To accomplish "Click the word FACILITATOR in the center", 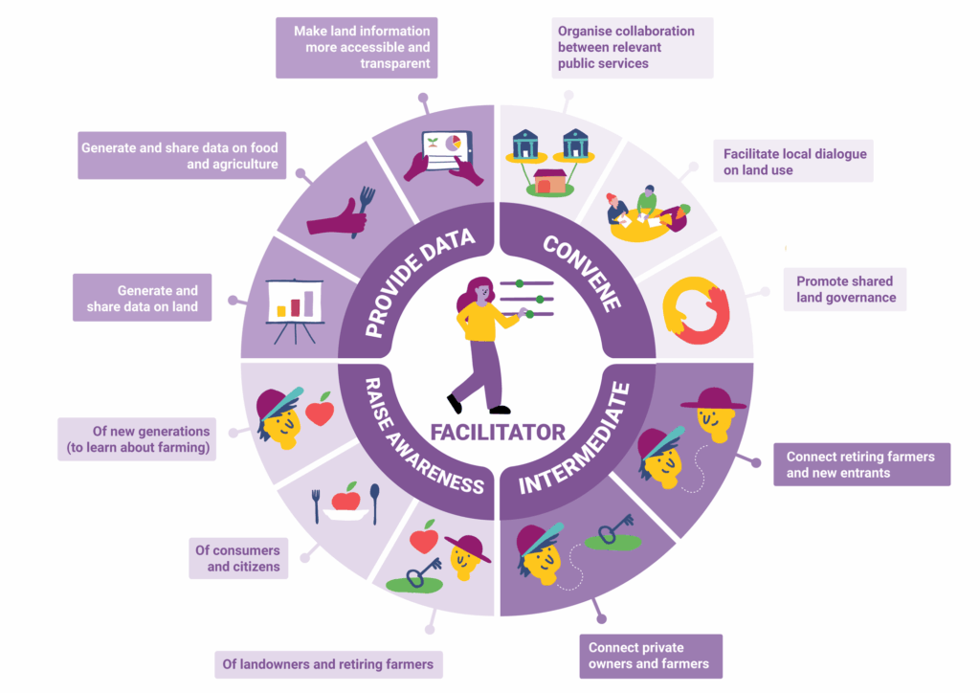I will coord(497,432).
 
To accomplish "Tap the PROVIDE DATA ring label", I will coord(407,281).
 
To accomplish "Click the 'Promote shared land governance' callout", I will coord(845,289).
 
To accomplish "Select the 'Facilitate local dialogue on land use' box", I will coord(794,162).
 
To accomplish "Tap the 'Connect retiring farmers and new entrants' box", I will coord(860,464).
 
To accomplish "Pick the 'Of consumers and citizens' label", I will coord(237,558).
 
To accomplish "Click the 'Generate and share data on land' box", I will coord(142,299).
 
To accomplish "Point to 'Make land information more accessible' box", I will coord(357,47).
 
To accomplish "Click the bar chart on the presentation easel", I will coord(295,303).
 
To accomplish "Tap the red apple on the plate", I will coord(345,499).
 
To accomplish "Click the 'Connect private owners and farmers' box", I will coord(649,656).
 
